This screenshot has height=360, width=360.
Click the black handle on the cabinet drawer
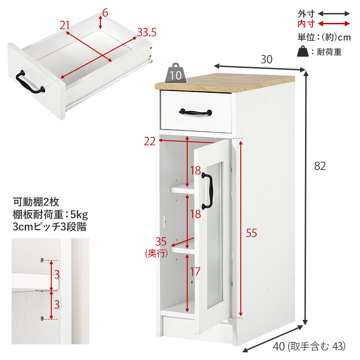(x=195, y=112)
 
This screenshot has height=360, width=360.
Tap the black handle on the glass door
(x=208, y=191)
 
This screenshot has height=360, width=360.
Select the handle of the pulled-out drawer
(x=30, y=83)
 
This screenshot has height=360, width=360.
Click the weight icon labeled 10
(x=175, y=73)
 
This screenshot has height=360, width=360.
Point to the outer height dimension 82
(x=320, y=166)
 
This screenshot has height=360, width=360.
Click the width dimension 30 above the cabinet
(x=266, y=59)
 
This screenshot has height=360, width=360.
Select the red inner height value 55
(x=251, y=233)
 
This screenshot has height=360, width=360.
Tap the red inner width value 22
(x=149, y=141)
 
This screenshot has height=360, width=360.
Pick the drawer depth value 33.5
(x=147, y=32)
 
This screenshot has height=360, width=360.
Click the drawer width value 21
(x=64, y=25)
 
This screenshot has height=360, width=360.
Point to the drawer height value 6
(x=105, y=13)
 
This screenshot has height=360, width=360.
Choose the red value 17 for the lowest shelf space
(x=195, y=272)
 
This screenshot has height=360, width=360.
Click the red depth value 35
(x=161, y=242)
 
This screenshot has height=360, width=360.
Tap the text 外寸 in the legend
(x=306, y=14)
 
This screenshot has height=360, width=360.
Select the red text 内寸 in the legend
(x=306, y=24)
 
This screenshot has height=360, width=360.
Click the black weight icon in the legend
(x=303, y=51)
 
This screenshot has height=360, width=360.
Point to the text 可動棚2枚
(x=36, y=202)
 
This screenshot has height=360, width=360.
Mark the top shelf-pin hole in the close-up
(x=42, y=260)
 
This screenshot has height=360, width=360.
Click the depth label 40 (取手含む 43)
(x=309, y=346)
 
